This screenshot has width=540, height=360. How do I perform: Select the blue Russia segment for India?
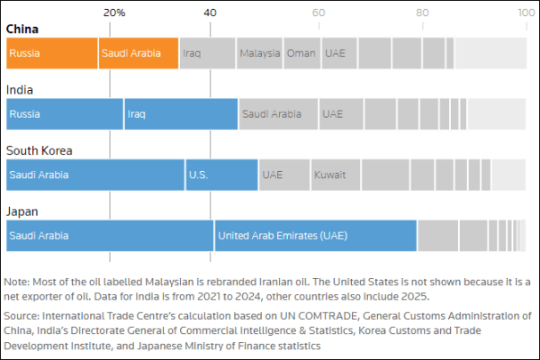(64, 114)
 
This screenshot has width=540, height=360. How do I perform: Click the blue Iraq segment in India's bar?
(181, 114)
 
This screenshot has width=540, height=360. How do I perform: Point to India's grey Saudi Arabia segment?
(278, 114)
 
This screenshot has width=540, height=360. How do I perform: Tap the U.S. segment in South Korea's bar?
(221, 175)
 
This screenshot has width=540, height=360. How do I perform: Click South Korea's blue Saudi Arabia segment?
(94, 175)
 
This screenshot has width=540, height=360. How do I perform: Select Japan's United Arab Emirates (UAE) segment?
(315, 236)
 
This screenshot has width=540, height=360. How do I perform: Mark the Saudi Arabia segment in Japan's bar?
(110, 236)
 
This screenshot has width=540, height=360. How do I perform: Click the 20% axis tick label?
(114, 13)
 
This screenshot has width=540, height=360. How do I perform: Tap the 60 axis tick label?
(319, 13)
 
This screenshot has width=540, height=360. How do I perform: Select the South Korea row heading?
(39, 150)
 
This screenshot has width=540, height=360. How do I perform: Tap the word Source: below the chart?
(22, 316)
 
